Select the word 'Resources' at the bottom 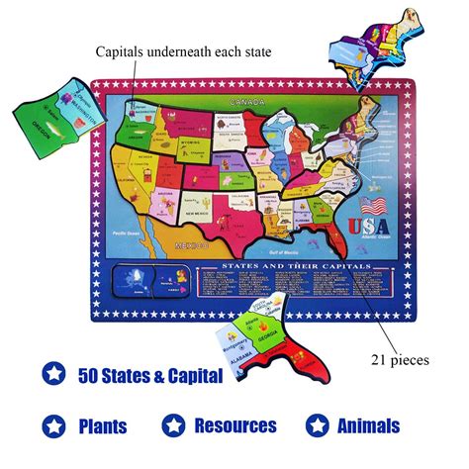point(234,426)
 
